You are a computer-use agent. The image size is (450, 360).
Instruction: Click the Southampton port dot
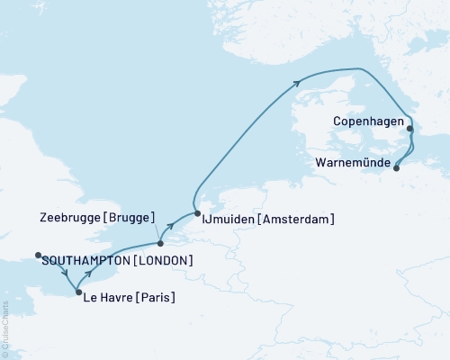pyautogui.click(x=38, y=256)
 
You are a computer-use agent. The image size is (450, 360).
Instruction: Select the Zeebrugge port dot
pyautogui.click(x=159, y=243)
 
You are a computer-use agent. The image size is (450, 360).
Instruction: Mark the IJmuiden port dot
pyautogui.click(x=196, y=214)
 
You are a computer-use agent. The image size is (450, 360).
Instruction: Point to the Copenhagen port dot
pyautogui.click(x=409, y=129)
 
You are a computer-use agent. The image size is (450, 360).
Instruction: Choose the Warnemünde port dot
pyautogui.click(x=396, y=166)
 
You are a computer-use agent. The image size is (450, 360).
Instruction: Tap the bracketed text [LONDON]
pyautogui.click(x=165, y=261)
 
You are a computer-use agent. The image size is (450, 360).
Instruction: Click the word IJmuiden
pyautogui.click(x=233, y=219)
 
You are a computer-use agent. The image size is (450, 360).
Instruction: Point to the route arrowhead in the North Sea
pyautogui.click(x=297, y=84)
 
